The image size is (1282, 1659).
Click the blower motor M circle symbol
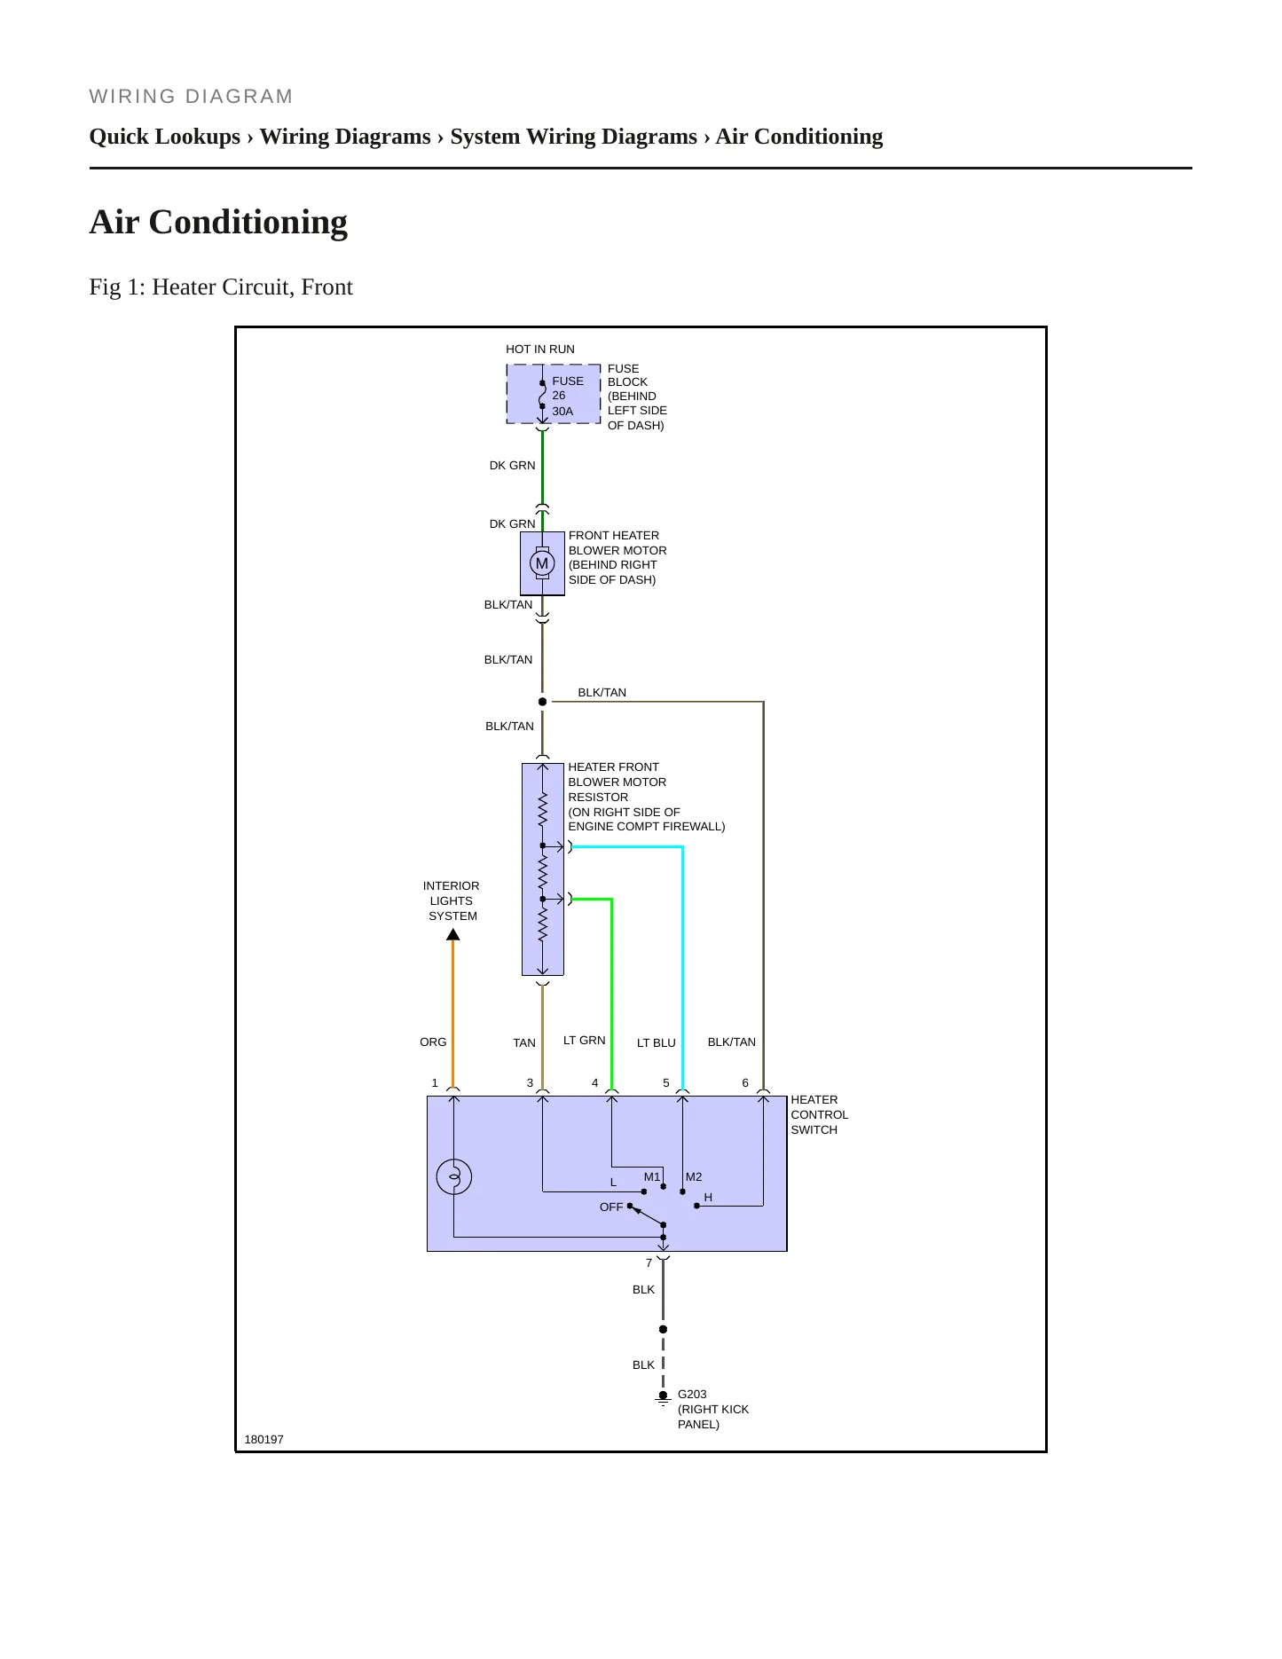coord(542,563)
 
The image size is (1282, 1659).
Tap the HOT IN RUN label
coord(540,350)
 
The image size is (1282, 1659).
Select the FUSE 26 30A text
coord(568,396)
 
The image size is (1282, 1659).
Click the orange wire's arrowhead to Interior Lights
coord(452,934)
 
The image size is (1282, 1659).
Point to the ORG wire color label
coord(433,1042)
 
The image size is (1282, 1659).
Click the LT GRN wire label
coord(585,1041)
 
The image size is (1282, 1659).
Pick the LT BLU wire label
coord(657,1043)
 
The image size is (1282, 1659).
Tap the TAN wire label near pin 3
coord(524,1043)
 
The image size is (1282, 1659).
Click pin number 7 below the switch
coord(649,1263)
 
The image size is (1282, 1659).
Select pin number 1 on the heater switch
coord(435,1083)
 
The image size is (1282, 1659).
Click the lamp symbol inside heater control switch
coord(454,1177)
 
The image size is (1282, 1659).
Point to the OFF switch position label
coord(611,1207)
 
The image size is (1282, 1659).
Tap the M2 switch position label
coord(694,1177)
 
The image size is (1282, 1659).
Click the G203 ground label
coord(692,1395)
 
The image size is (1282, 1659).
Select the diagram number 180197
coord(264,1440)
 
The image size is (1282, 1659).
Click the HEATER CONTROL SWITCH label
coord(820,1115)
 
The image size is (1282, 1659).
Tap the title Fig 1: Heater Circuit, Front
coord(221,287)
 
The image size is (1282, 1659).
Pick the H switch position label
coord(708,1198)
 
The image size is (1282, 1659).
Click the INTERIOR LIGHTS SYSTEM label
coord(452,901)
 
